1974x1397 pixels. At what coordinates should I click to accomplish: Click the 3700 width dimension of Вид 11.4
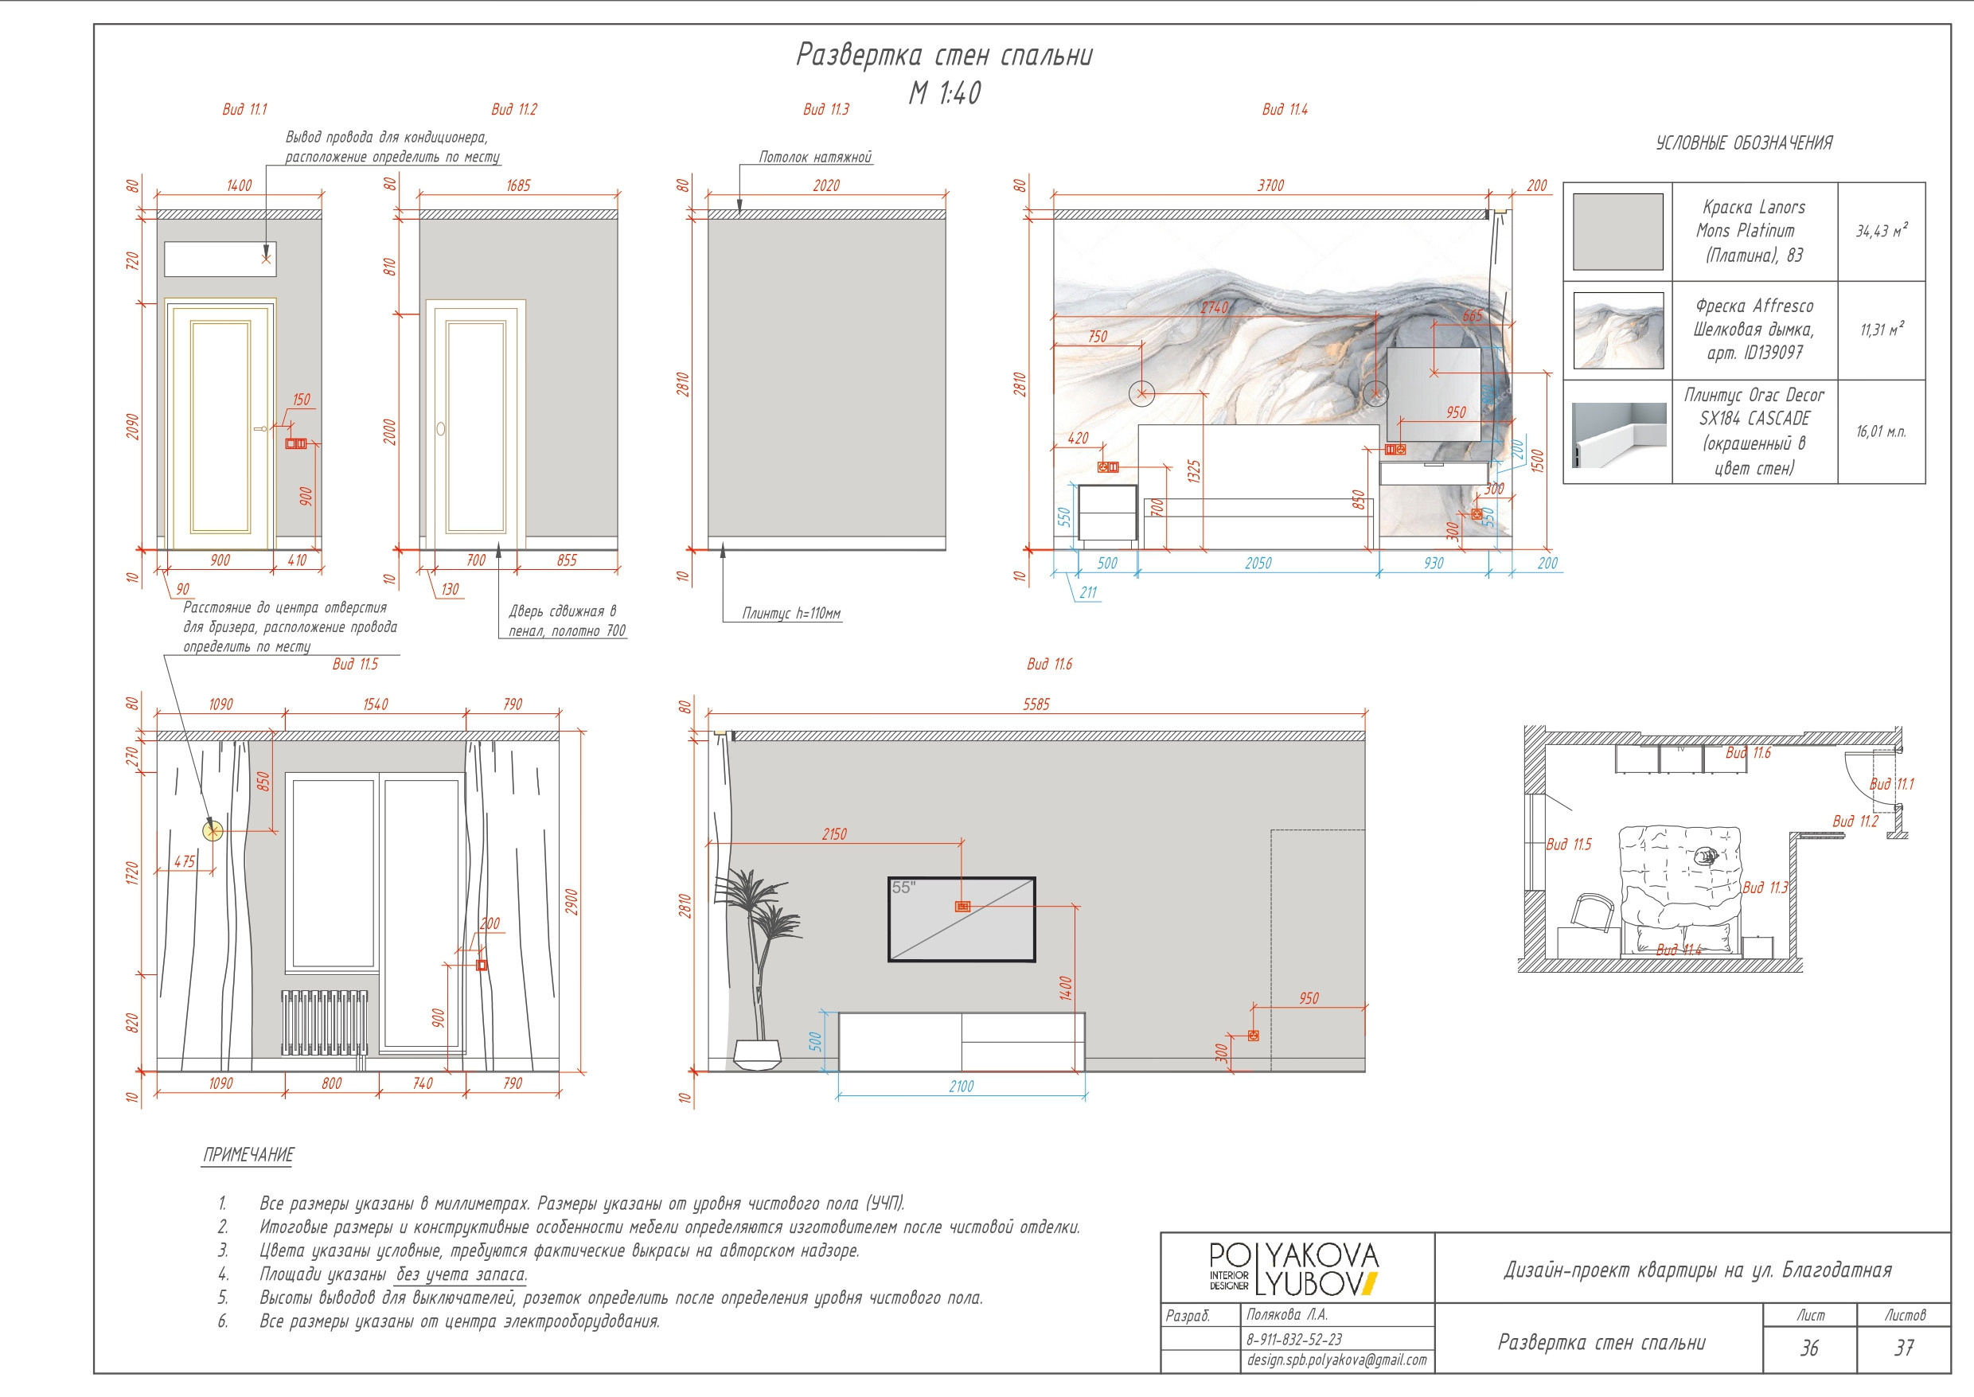1270,185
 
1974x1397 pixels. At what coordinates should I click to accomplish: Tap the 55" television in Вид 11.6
962,919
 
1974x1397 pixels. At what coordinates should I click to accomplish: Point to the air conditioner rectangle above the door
220,259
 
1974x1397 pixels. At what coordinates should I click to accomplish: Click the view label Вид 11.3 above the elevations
825,109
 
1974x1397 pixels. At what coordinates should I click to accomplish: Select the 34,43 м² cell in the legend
1881,231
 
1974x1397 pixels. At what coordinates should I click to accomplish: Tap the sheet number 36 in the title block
1810,1348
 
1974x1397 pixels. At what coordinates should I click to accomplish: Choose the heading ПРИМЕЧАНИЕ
248,1154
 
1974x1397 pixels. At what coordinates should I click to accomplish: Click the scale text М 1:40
945,92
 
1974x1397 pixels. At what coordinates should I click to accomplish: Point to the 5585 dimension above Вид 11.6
1036,704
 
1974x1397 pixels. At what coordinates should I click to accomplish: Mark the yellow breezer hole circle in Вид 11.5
213,830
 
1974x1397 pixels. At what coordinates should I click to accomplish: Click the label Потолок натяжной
815,158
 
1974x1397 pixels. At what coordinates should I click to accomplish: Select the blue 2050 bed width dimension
1258,564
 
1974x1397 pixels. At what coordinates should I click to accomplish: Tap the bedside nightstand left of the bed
1108,516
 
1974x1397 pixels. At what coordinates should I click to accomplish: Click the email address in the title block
1336,1360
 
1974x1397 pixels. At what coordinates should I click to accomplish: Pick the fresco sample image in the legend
1617,330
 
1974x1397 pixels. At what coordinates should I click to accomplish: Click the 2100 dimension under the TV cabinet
962,1087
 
